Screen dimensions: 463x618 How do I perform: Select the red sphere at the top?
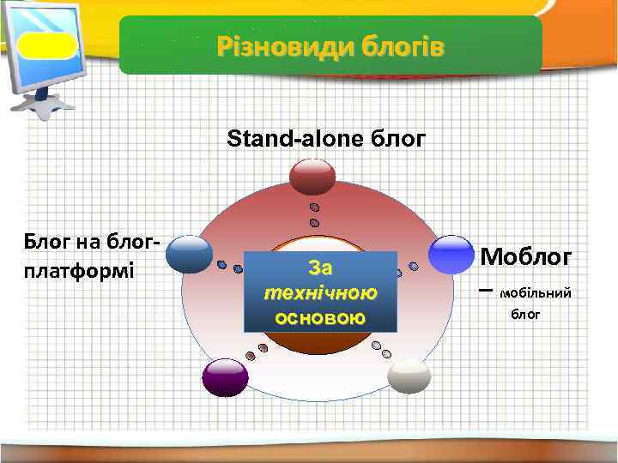pyautogui.click(x=312, y=176)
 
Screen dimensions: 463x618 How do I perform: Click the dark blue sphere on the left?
pyautogui.click(x=189, y=254)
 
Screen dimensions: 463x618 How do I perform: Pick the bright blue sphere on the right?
pyautogui.click(x=451, y=254)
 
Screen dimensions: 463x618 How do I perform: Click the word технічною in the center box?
pyautogui.click(x=320, y=293)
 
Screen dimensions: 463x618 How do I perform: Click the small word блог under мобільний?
pyautogui.click(x=525, y=315)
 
